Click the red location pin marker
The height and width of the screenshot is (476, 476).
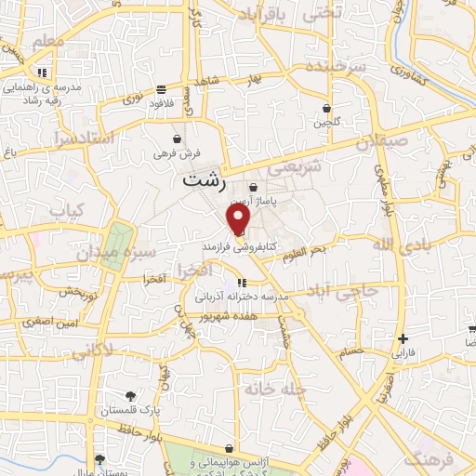click(239, 219)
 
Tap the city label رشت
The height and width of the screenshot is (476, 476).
click(204, 180)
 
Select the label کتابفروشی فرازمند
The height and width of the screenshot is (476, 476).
click(237, 249)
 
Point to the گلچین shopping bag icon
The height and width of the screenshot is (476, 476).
click(326, 108)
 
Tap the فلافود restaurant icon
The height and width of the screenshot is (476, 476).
click(163, 90)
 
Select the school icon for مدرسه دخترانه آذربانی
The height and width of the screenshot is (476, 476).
click(242, 283)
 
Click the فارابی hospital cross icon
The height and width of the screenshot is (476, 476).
click(402, 339)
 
